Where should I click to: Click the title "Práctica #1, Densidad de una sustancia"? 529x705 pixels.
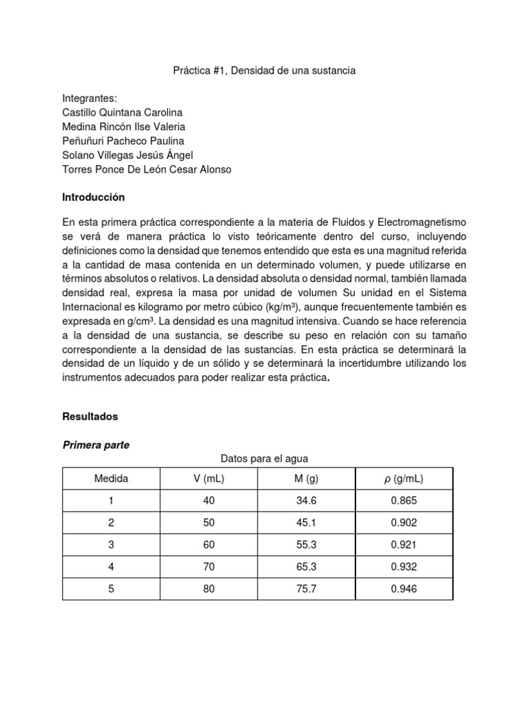coord(264,71)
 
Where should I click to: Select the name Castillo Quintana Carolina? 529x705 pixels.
coord(123,112)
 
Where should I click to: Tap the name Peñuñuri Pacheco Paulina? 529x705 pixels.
coord(123,140)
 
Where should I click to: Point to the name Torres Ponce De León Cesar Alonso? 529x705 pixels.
coord(147,169)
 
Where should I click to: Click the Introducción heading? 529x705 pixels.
coord(94,197)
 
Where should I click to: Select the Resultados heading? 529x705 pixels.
coord(90,417)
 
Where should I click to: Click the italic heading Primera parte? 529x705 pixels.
coord(96,445)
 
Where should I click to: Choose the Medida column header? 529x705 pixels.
coord(111,478)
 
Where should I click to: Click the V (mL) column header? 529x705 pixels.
coord(209,478)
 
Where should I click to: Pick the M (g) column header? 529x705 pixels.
coord(307,478)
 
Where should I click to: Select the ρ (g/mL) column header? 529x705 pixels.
coord(404,478)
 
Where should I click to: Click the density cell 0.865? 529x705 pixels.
coord(404,501)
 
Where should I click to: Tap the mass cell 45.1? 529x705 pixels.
coord(307,523)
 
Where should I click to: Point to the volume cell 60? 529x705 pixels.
coord(209,545)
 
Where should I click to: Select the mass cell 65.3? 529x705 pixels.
coord(307,567)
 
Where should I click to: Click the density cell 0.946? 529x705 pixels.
coord(404,589)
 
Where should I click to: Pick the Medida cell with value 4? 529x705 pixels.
coord(111,567)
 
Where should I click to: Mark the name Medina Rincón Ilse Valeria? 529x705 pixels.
coord(123,127)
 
